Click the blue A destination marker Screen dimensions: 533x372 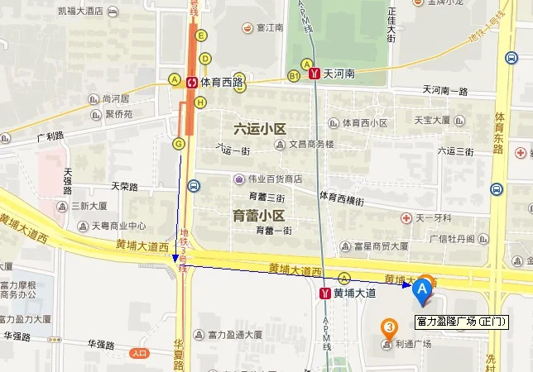pyautogui.click(x=422, y=290)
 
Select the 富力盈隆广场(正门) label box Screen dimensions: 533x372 pyautogui.click(x=461, y=320)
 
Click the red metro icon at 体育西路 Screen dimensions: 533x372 pyautogui.click(x=192, y=81)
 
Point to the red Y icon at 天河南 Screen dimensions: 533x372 pyautogui.click(x=315, y=74)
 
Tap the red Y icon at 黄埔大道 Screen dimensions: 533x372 pyautogui.click(x=324, y=293)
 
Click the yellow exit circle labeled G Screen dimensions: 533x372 pyautogui.click(x=178, y=143)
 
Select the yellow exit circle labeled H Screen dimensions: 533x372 pyautogui.click(x=200, y=103)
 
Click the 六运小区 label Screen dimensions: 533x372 pyautogui.click(x=260, y=128)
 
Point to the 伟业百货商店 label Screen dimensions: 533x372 pyautogui.click(x=272, y=179)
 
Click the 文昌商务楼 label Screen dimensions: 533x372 pyautogui.click(x=310, y=144)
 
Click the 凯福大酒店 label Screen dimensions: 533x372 pyautogui.click(x=80, y=11)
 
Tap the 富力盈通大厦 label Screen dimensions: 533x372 pyautogui.click(x=233, y=335)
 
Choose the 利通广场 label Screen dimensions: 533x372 pyautogui.click(x=413, y=344)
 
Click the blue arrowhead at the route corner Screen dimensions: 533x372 pyautogui.click(x=175, y=259)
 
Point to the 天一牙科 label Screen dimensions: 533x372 pyautogui.click(x=433, y=218)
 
